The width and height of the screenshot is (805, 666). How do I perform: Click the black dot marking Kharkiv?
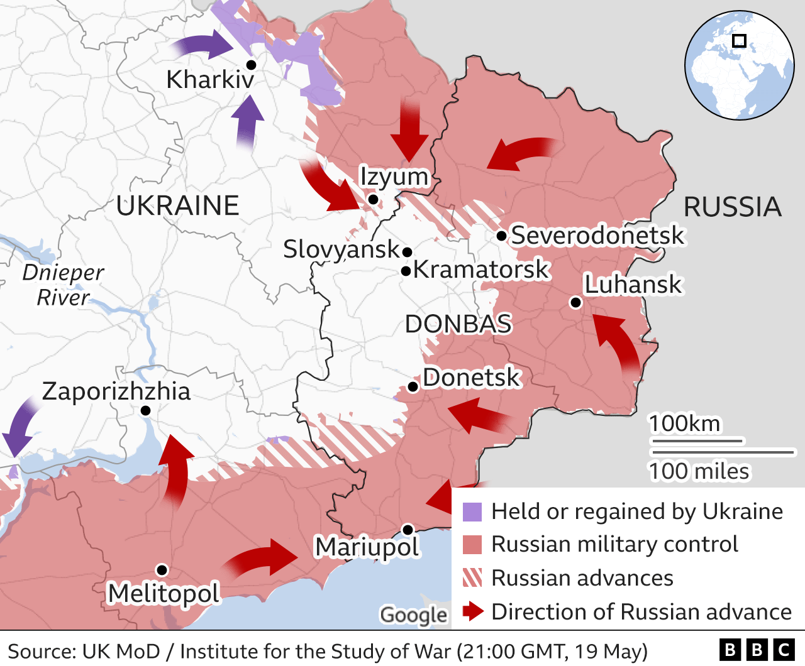tap(251, 65)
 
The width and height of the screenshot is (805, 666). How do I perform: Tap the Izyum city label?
tap(394, 177)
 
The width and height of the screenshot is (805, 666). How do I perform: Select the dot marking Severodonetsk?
tap(501, 236)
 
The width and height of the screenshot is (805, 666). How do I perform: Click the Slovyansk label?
tap(341, 249)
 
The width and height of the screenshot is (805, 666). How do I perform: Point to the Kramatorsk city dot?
tap(406, 271)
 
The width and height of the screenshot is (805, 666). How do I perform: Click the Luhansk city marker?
tap(575, 303)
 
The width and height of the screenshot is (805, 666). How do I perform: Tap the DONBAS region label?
tap(458, 324)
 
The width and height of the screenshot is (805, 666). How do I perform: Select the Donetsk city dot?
tap(413, 386)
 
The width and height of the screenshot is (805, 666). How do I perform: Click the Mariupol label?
tap(367, 547)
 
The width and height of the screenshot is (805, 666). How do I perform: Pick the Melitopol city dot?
tap(162, 570)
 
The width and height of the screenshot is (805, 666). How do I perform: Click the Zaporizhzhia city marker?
tap(145, 410)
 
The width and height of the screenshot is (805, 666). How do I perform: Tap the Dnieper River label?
tap(63, 285)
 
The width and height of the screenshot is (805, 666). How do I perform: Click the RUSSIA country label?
tap(732, 207)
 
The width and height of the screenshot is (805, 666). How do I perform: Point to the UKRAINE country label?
tap(177, 205)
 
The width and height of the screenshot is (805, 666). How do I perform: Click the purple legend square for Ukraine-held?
tap(472, 512)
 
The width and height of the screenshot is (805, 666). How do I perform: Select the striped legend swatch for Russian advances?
tap(472, 578)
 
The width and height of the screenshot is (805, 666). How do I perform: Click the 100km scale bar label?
tap(684, 423)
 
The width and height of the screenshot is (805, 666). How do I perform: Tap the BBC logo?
tap(757, 650)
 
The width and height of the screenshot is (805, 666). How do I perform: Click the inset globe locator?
tap(739, 65)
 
